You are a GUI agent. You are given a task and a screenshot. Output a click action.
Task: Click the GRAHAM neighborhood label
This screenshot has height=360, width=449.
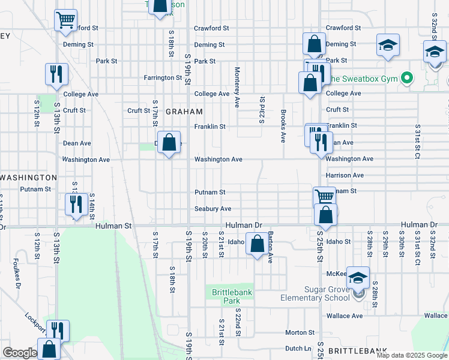184,112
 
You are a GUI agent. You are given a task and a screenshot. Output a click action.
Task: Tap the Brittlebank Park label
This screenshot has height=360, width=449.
226,296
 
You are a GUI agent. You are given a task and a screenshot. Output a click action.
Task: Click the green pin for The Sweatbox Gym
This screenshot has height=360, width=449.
406,78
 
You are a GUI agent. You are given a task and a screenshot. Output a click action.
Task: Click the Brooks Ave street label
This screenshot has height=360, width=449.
282,126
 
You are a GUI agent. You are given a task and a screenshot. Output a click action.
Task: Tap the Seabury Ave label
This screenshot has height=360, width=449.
212,209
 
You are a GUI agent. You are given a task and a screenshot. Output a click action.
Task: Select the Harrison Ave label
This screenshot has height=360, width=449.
345,175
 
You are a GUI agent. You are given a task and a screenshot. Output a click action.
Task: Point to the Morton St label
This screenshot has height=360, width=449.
296,332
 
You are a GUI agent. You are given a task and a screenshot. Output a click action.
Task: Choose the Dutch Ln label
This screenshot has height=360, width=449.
298,348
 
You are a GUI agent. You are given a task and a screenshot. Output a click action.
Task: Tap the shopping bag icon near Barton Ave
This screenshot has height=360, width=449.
258,244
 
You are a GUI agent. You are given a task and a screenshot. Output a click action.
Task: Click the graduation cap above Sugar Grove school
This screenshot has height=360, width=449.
358,277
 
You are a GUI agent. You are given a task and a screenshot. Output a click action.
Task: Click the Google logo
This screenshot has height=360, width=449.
20,353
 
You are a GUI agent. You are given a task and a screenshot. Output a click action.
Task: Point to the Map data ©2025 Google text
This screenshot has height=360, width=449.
412,355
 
